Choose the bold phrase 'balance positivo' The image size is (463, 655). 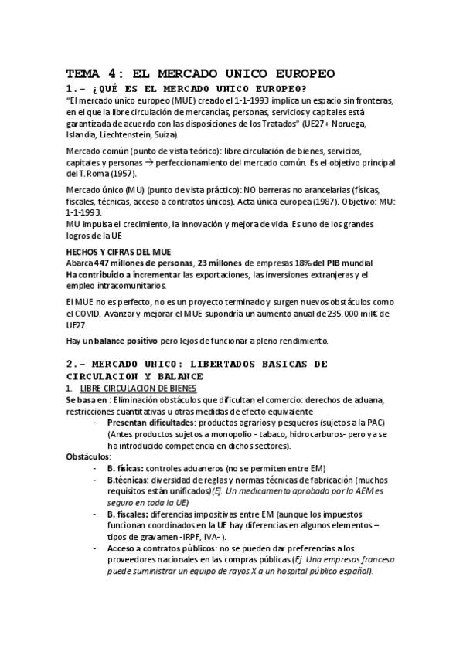(x=127, y=341)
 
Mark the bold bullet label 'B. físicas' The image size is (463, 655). (x=124, y=468)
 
